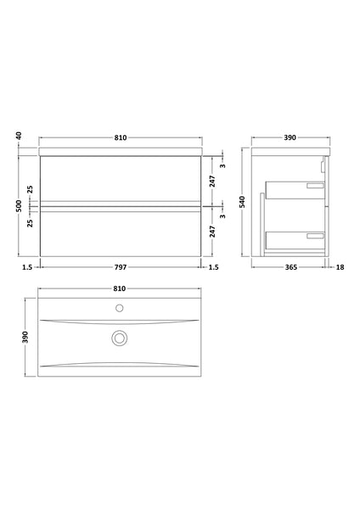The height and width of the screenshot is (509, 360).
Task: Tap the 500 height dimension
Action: [x=18, y=205]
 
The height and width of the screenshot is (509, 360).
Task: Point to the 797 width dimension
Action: [x=121, y=267]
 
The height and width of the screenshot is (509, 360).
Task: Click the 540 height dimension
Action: [x=242, y=202]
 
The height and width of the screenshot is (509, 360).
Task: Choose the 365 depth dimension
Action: [x=291, y=267]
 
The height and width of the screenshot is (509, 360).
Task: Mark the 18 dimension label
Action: [x=340, y=267]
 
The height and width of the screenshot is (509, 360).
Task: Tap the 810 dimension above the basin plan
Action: [x=121, y=288]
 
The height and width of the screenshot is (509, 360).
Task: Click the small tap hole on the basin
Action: [x=121, y=306]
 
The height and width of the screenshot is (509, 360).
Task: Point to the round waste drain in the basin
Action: [x=121, y=338]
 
